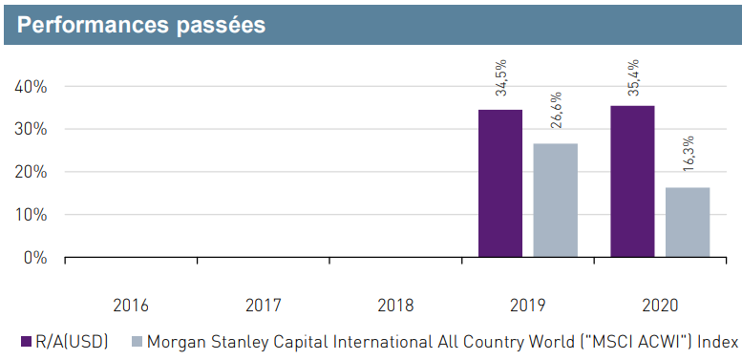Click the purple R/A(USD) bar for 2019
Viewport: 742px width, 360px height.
(500, 183)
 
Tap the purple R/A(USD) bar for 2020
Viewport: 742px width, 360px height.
(632, 181)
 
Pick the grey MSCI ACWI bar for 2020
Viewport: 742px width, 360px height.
(687, 222)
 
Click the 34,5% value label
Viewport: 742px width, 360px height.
(501, 78)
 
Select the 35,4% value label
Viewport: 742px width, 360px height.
(633, 76)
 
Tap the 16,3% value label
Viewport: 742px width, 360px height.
(688, 156)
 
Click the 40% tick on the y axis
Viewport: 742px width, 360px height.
(32, 87)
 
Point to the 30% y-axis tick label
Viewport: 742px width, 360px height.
(32, 130)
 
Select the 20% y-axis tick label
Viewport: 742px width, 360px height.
(32, 173)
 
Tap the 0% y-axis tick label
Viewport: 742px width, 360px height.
(35, 258)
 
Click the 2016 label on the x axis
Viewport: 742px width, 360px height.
(131, 306)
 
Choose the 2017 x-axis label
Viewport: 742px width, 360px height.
(263, 306)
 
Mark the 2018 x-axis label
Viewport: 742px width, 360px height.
(395, 306)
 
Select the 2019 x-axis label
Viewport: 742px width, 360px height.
(527, 306)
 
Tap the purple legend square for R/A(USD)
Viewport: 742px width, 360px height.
(25, 342)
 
